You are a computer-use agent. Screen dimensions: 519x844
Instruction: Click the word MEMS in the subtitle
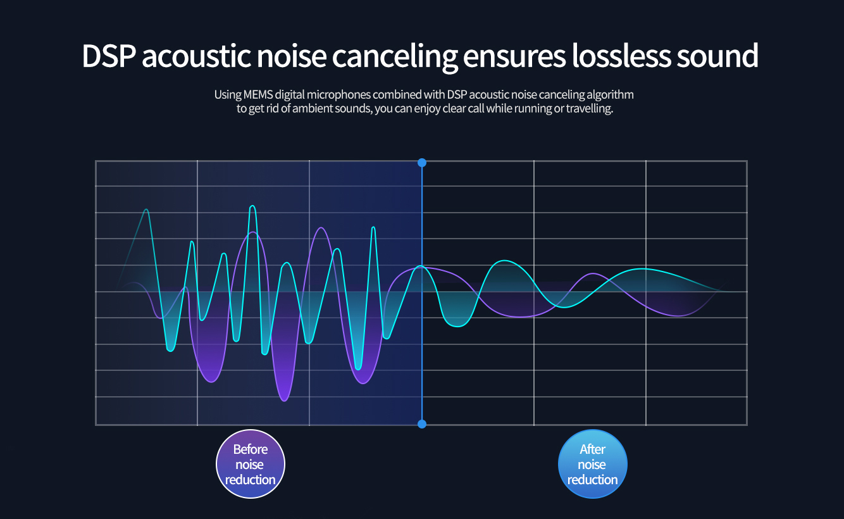click(257, 95)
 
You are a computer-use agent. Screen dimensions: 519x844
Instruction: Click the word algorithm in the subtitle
click(609, 95)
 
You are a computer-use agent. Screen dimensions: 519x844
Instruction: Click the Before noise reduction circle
click(251, 464)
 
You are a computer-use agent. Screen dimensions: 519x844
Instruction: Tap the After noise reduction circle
click(593, 464)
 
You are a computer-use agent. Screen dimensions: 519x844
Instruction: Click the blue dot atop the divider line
click(422, 163)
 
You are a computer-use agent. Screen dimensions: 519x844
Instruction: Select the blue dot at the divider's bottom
click(422, 423)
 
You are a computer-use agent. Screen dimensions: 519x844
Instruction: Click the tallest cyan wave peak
click(252, 206)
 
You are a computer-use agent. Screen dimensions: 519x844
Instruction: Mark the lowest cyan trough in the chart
click(359, 369)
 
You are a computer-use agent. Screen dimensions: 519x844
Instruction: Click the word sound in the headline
click(717, 56)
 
